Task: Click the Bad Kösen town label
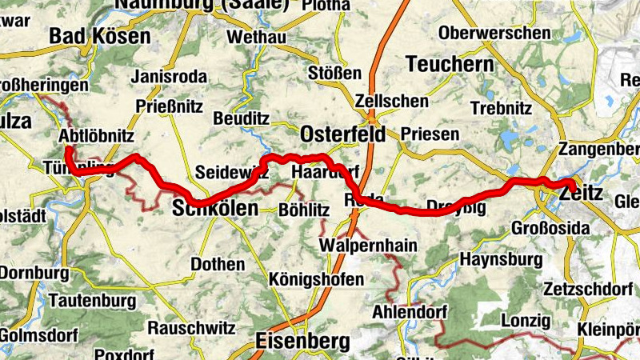[99, 36]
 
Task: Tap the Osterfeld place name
[342, 133]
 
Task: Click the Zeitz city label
[582, 194]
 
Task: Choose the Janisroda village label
[168, 78]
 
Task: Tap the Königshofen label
[317, 280]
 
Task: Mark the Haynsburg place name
[502, 260]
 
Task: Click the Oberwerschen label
[495, 34]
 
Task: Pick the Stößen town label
[335, 74]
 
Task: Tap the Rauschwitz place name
[191, 328]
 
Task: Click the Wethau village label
[256, 38]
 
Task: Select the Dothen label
[218, 264]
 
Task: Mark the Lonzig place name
[526, 321]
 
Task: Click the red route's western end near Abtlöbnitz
[69, 150]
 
